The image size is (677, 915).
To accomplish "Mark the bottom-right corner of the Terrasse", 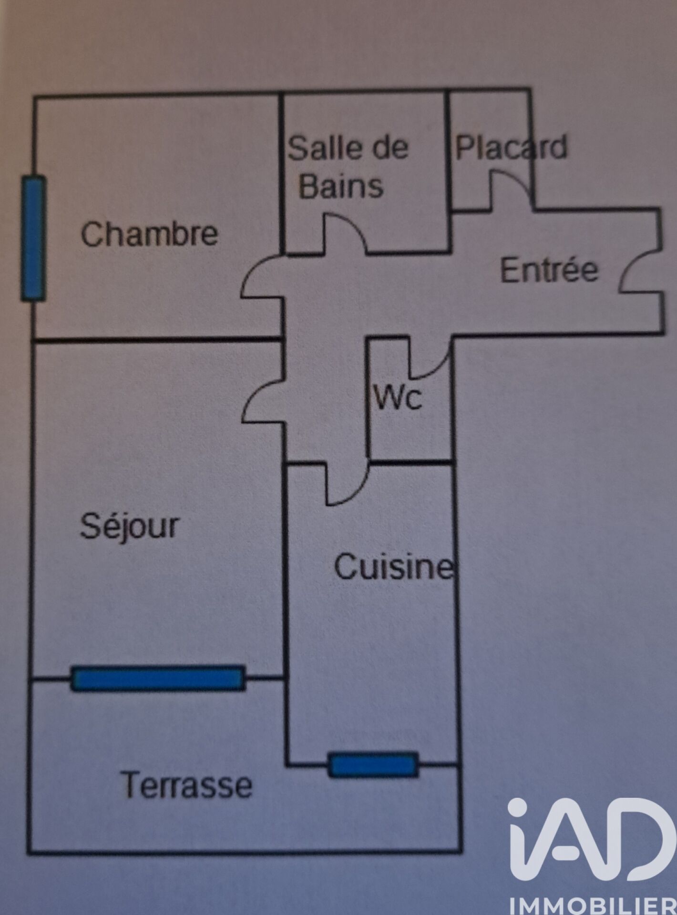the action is [x=461, y=851].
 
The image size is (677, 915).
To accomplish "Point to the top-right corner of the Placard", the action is [x=531, y=89].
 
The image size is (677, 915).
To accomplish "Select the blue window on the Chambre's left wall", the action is [x=34, y=238].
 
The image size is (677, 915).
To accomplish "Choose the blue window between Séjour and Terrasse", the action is [x=158, y=678].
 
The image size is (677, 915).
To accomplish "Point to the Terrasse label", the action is [x=187, y=785].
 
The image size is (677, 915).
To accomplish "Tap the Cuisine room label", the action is [x=394, y=567].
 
